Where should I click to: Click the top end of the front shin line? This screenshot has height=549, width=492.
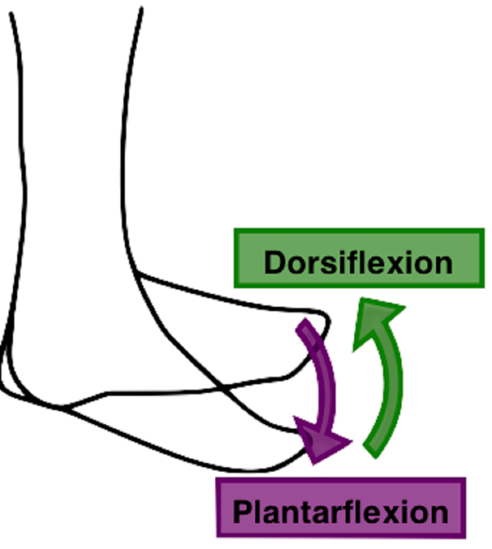(140, 10)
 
